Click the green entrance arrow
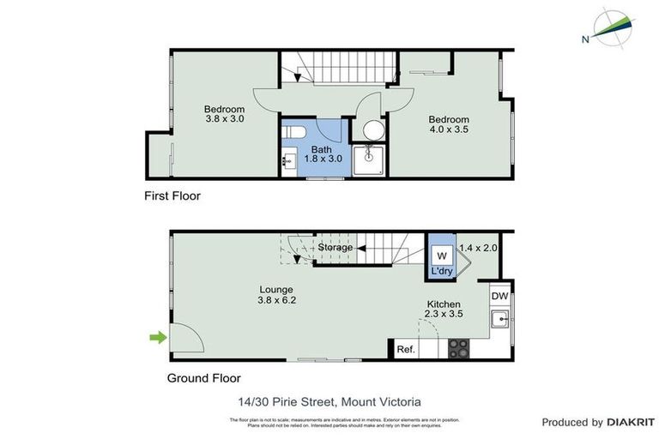pos(158,338)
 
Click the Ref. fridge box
pos(406,350)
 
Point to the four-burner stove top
pos(458,349)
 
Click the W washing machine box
pos(442,256)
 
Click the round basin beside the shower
pos(373,130)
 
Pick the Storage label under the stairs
pos(335,248)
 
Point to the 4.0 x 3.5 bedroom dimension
pos(449,130)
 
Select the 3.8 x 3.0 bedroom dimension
pos(224,120)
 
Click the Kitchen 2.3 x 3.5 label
pos(444,310)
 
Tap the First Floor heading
pos(172,196)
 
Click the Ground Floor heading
pos(203,378)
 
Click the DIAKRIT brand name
pos(631,422)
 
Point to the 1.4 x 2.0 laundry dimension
pos(478,248)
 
